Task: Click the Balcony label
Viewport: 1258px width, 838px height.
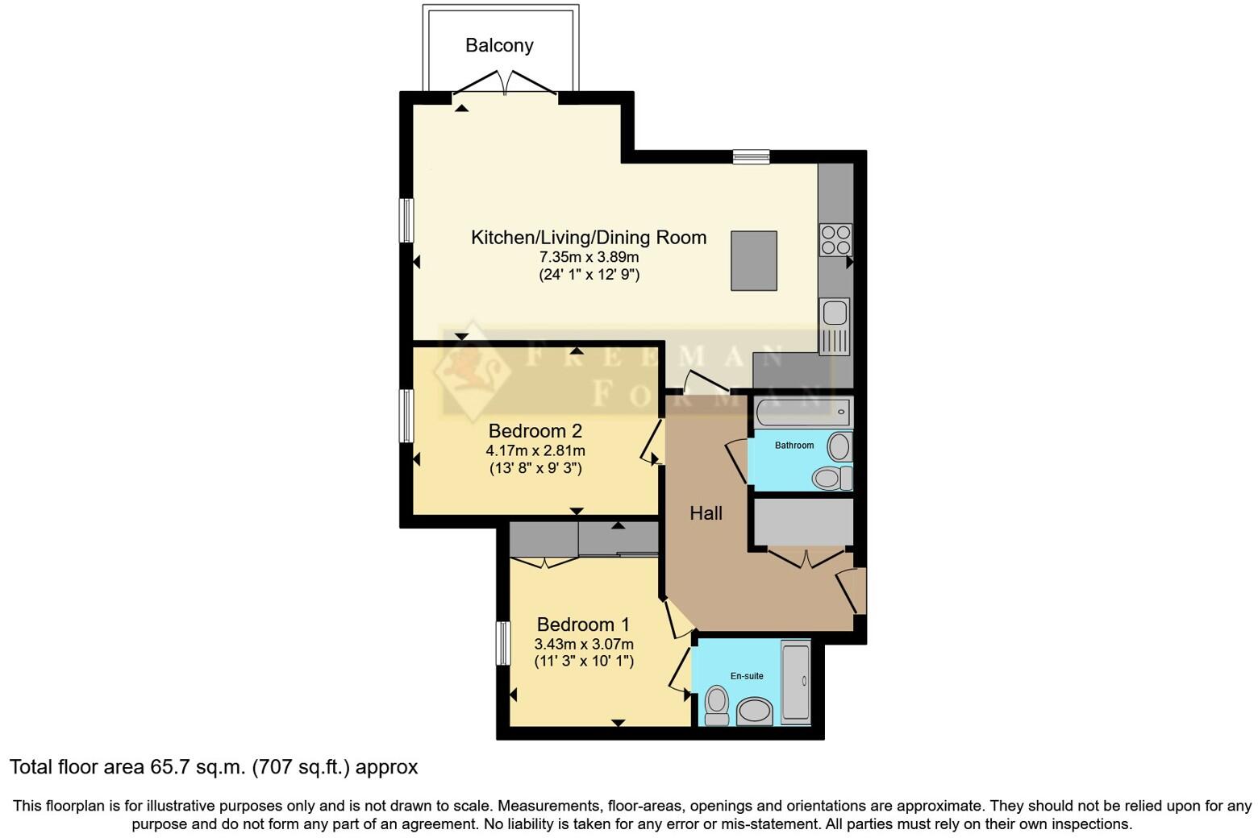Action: [x=499, y=45]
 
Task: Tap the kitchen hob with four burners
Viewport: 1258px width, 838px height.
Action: [x=835, y=239]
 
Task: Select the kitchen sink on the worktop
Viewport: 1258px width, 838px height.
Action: [x=835, y=326]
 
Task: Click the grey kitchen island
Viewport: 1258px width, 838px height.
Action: [x=754, y=260]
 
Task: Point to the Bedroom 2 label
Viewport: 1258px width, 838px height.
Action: [x=535, y=430]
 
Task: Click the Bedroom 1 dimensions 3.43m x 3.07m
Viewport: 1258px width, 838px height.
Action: [x=584, y=644]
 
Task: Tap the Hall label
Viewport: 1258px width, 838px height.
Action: [x=706, y=513]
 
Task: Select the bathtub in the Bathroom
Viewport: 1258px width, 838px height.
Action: [x=803, y=413]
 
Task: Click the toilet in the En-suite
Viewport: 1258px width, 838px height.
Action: [x=716, y=705]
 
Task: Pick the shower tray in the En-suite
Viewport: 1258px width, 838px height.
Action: [x=795, y=682]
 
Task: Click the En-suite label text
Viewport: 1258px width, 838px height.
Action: [x=747, y=676]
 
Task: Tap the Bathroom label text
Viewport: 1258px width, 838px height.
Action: [x=794, y=445]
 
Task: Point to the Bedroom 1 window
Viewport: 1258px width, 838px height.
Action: [x=503, y=643]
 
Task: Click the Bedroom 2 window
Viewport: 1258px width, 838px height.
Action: [x=407, y=416]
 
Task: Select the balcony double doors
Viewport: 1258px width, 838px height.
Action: [x=505, y=84]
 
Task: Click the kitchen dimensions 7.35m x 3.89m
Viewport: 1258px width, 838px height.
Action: [x=589, y=257]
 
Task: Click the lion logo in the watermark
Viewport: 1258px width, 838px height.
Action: [x=475, y=371]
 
